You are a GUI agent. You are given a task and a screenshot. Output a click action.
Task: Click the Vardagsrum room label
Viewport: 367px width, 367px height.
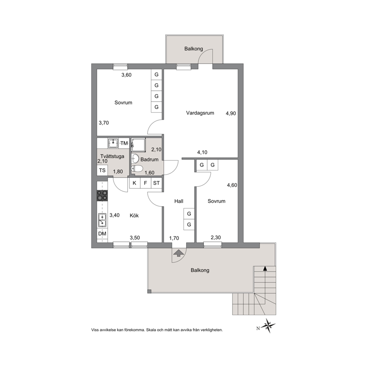click(200, 113)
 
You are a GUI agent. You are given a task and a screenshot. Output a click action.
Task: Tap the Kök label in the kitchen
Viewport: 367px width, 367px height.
click(134, 215)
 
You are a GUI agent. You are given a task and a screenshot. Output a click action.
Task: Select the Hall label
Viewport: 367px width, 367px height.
click(179, 201)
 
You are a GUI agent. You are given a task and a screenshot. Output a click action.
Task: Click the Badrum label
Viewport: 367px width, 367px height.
click(149, 159)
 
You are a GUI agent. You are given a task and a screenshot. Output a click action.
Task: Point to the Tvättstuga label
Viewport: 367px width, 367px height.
click(112, 156)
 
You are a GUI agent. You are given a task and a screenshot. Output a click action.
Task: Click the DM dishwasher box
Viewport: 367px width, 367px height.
click(102, 233)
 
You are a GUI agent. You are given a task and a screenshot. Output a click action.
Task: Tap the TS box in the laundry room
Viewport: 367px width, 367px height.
click(102, 171)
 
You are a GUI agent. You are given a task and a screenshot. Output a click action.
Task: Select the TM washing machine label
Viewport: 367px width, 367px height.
click(124, 143)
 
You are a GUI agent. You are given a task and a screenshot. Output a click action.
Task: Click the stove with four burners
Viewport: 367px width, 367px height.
click(102, 195)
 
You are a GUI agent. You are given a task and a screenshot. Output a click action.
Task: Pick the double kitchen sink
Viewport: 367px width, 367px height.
click(102, 220)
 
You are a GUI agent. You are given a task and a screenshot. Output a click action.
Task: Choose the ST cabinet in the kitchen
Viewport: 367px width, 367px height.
click(156, 183)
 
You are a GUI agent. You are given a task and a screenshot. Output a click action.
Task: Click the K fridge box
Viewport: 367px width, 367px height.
click(135, 183)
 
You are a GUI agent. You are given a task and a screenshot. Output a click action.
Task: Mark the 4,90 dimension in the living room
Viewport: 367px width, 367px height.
click(231, 114)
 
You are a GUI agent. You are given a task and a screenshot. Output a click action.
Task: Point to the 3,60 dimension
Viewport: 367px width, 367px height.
click(127, 75)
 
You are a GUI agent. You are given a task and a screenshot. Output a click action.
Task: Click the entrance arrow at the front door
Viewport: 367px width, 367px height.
click(178, 253)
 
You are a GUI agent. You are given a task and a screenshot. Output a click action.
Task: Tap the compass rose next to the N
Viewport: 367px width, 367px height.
click(268, 325)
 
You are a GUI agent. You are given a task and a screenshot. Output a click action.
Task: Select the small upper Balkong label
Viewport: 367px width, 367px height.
click(193, 49)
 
